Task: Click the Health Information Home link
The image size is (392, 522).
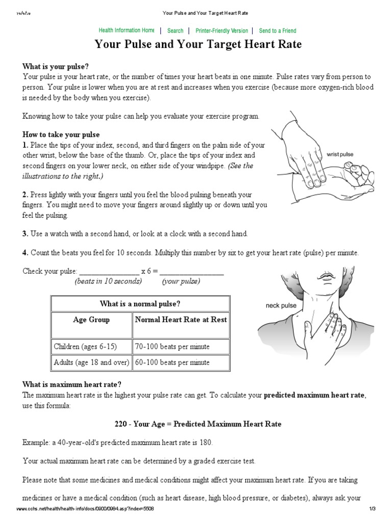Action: coord(126,31)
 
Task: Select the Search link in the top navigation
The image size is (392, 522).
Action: coord(175,31)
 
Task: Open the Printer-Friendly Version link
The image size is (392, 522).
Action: coord(222,31)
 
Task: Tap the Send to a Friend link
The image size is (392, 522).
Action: coord(277,31)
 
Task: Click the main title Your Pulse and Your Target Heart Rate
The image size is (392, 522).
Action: coord(198,45)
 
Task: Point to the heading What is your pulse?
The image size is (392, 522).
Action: coord(56,67)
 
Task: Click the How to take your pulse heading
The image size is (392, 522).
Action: coord(61,135)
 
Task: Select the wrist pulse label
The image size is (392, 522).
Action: coord(340,154)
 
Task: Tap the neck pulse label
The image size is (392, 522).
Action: coord(281,305)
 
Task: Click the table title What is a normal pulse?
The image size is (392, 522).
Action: coord(140,304)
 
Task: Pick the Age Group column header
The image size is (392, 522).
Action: coord(91,320)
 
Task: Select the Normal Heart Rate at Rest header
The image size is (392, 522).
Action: coord(181,320)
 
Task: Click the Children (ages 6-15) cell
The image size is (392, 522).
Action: coord(85,347)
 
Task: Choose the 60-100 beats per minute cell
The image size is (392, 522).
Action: coord(172,362)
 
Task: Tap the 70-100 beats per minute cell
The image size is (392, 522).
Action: coord(172,347)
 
